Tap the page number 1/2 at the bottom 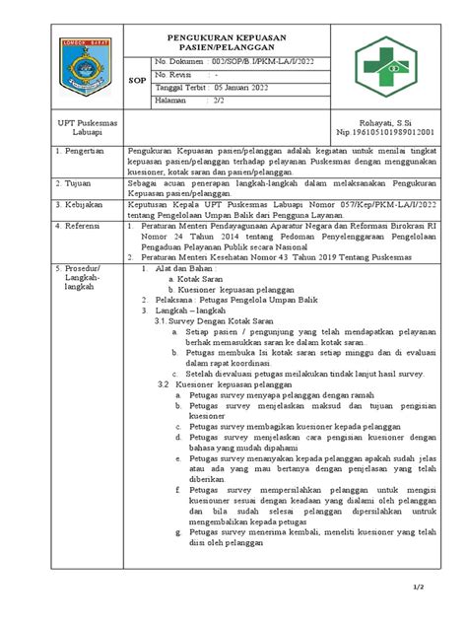point(445,588)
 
